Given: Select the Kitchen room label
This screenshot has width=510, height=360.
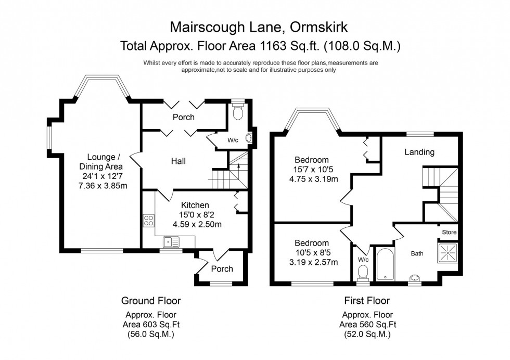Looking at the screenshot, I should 195,205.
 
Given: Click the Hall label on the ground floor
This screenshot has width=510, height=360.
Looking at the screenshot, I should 178,161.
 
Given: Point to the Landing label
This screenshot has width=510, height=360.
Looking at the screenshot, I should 419,152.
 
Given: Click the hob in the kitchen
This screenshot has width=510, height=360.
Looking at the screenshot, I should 148,221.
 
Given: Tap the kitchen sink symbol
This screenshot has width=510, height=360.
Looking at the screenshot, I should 171,242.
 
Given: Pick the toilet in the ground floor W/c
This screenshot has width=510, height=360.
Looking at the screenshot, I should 238,112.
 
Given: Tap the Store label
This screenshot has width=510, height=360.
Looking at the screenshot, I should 449,232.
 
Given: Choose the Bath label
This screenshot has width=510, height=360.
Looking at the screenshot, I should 417,254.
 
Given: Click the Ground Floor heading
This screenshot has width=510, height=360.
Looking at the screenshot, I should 151,301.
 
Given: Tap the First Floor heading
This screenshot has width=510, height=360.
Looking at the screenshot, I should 367,301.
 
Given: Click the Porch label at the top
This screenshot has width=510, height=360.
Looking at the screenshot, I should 184,117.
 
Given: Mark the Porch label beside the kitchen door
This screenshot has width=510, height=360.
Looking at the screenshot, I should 222,269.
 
